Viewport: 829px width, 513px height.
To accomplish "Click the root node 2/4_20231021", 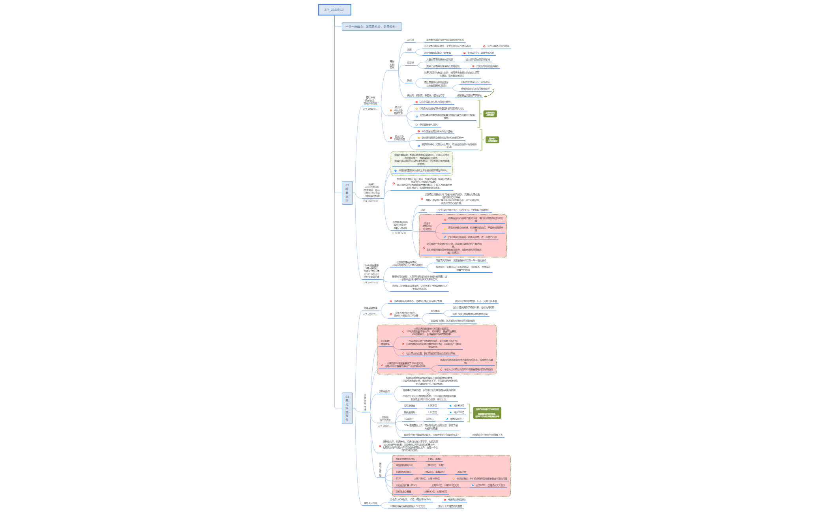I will [x=334, y=10].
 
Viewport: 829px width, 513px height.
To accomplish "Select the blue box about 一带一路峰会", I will [x=371, y=27].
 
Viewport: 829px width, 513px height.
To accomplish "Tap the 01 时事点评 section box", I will [x=347, y=193].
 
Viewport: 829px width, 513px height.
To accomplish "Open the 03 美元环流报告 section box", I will [x=347, y=408].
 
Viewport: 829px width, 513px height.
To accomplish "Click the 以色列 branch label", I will [x=410, y=40].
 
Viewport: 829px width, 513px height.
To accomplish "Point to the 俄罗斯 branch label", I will [x=410, y=63].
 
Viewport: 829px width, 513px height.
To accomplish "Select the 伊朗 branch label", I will [x=409, y=81].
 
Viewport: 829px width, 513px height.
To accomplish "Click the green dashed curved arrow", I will [x=490, y=94].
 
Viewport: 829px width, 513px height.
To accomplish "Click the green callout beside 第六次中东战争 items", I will [x=490, y=114].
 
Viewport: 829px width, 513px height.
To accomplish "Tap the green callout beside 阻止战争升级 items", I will [x=492, y=140].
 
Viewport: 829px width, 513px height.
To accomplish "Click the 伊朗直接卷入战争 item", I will [x=428, y=125].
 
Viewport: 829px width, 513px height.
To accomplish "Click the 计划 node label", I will [x=423, y=210].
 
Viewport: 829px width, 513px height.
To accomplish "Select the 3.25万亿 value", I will [x=432, y=406].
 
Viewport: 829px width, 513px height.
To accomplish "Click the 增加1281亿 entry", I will [x=456, y=419].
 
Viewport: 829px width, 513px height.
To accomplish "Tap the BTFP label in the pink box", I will [x=398, y=479].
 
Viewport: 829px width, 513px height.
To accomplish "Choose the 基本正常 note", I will [x=461, y=472].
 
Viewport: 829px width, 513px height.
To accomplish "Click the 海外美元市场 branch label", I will [x=370, y=503].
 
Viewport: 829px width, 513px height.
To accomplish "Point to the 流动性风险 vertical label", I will [x=380, y=470].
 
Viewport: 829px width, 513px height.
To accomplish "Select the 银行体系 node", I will [x=435, y=311].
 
